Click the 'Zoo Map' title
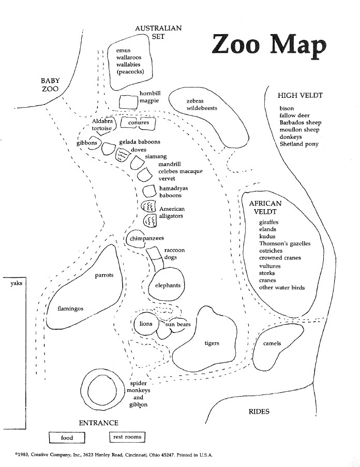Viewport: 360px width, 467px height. click(x=269, y=46)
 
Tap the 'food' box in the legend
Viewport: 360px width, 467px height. click(x=67, y=437)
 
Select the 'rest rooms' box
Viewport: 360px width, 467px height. click(x=127, y=437)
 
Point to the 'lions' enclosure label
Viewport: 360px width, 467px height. click(x=146, y=324)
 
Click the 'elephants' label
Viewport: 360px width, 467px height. click(x=168, y=285)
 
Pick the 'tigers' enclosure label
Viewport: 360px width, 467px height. click(x=212, y=343)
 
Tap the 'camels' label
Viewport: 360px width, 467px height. click(x=272, y=343)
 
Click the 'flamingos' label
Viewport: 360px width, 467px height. click(x=70, y=309)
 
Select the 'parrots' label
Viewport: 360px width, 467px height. click(x=104, y=275)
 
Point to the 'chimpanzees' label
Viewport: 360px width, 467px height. click(x=147, y=238)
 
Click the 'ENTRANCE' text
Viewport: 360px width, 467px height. click(x=98, y=423)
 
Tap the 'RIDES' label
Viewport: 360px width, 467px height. click(x=259, y=412)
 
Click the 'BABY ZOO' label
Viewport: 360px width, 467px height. click(x=50, y=84)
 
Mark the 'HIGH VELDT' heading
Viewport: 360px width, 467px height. click(x=300, y=95)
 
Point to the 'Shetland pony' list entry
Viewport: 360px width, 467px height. click(x=299, y=144)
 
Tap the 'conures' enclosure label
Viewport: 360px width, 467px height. click(x=138, y=123)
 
